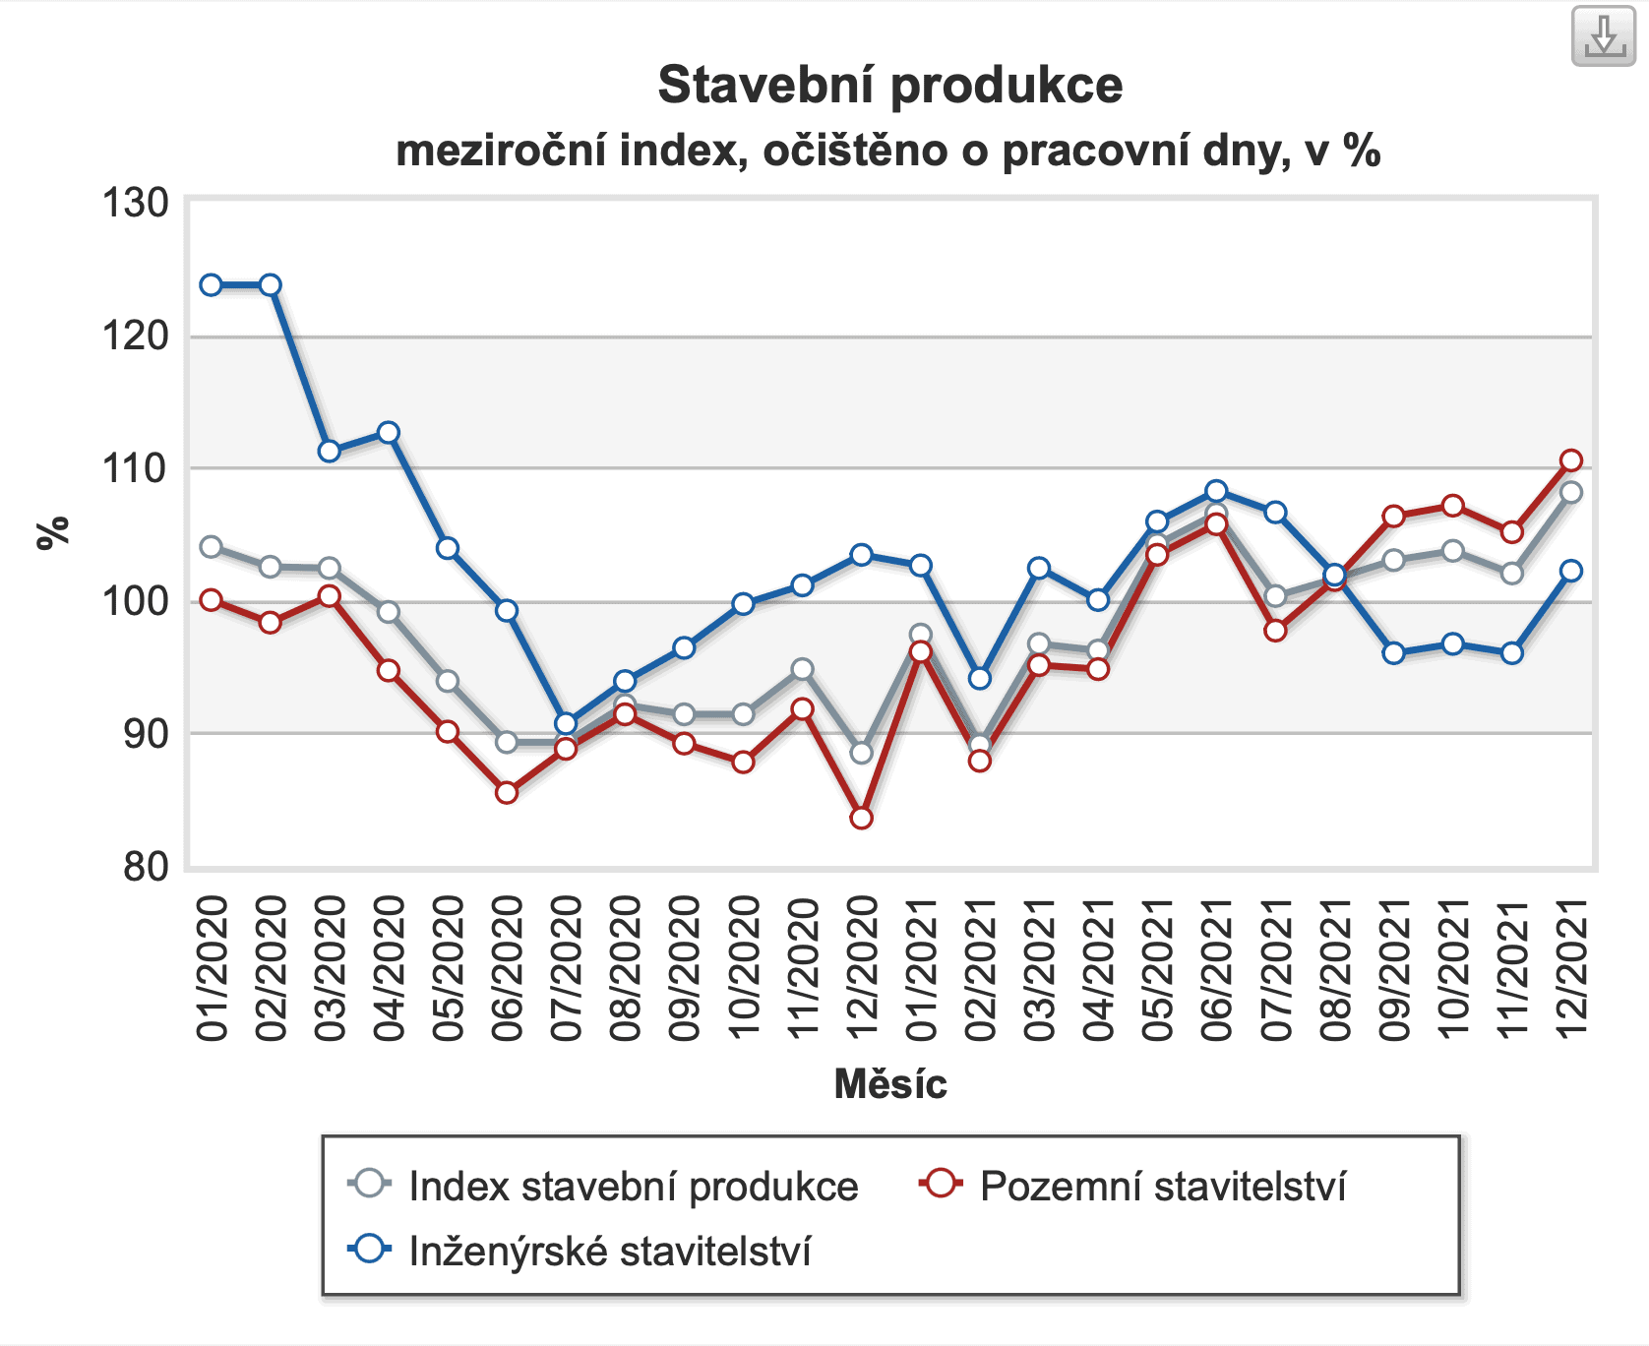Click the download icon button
pos(1604,36)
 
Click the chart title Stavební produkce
pos(889,85)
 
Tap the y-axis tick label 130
pos(136,204)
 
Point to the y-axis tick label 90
pos(146,734)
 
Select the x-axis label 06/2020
pos(508,968)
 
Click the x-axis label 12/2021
pos(1571,968)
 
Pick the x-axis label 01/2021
pos(921,968)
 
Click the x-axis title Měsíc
pos(889,1084)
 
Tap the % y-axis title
pos(53,532)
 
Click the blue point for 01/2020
pos(211,285)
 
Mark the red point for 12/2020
pos(861,818)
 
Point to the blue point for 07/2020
pos(566,723)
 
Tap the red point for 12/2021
pos(1571,460)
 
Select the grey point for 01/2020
pos(211,547)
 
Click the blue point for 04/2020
pos(389,433)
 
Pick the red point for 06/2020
pos(507,792)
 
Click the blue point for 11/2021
pos(1512,653)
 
